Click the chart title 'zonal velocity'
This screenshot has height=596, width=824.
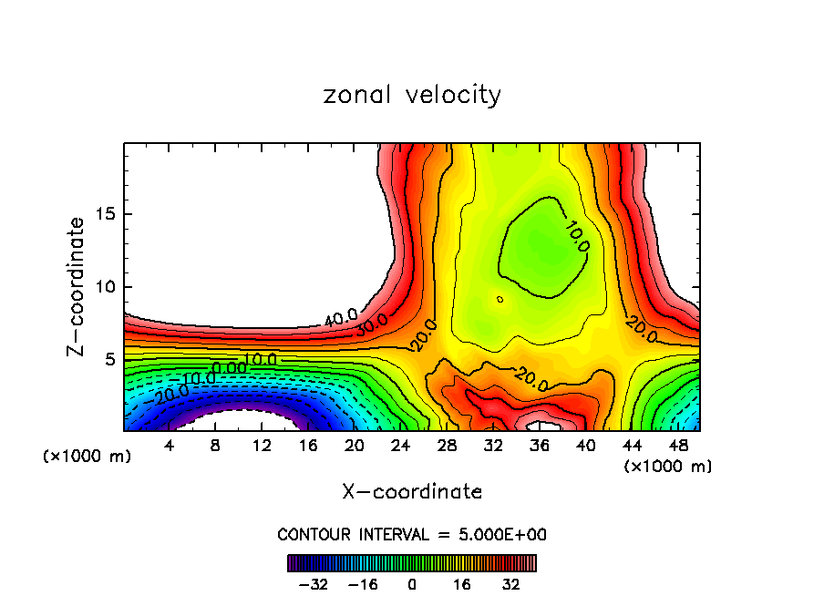click(412, 95)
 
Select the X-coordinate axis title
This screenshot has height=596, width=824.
click(412, 492)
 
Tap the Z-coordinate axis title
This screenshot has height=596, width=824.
click(77, 286)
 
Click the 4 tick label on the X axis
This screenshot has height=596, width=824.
click(170, 446)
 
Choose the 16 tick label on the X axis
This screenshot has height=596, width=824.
click(308, 446)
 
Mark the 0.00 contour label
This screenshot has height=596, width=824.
click(229, 368)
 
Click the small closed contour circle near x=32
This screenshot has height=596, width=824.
click(500, 298)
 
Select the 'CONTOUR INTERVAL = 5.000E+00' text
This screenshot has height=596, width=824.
click(412, 534)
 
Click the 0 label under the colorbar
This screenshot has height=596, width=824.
click(412, 583)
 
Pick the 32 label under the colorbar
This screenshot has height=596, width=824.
click(511, 583)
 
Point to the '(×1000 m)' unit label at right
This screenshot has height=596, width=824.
click(668, 467)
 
